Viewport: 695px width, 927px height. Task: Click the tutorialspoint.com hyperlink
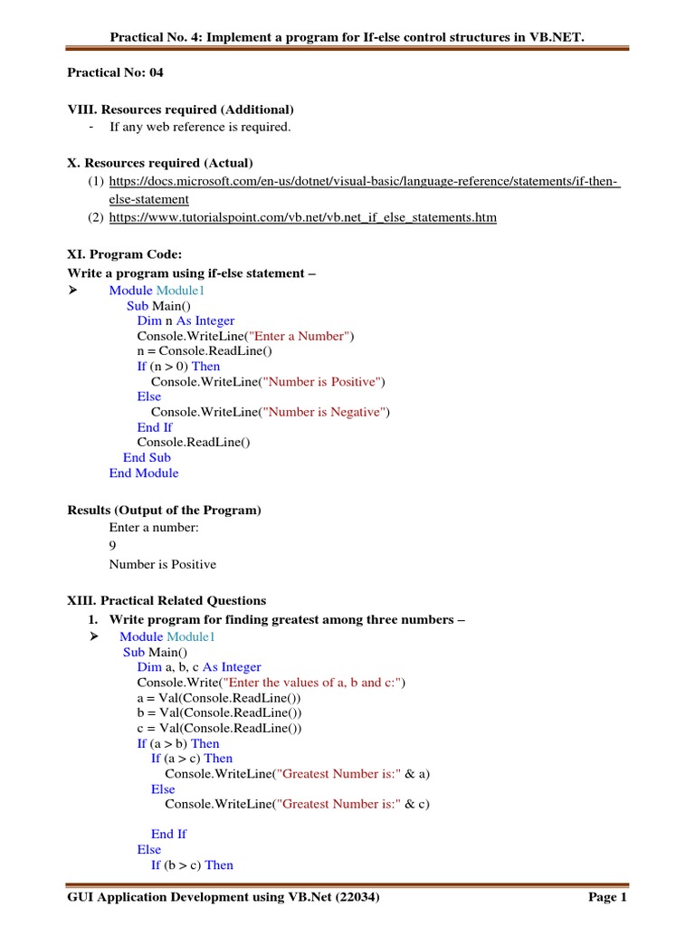click(x=303, y=218)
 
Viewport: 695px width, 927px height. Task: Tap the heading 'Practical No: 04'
click(x=116, y=72)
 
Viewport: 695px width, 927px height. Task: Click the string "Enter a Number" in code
click(x=306, y=336)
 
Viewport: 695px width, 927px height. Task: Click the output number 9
click(x=113, y=546)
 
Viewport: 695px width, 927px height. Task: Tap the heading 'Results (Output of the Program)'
click(x=164, y=510)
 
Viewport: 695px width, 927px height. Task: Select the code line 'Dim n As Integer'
click(x=186, y=320)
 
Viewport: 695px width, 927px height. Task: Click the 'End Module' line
click(x=144, y=473)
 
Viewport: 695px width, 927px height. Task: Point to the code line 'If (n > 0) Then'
click(x=178, y=367)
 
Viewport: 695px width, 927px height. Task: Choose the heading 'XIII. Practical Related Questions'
click(x=167, y=600)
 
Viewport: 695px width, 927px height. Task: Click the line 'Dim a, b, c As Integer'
click(x=199, y=667)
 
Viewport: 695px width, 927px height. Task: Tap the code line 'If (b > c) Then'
click(x=192, y=865)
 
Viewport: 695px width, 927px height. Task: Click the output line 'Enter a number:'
click(x=154, y=527)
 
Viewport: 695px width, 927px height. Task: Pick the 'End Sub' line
click(x=147, y=457)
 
